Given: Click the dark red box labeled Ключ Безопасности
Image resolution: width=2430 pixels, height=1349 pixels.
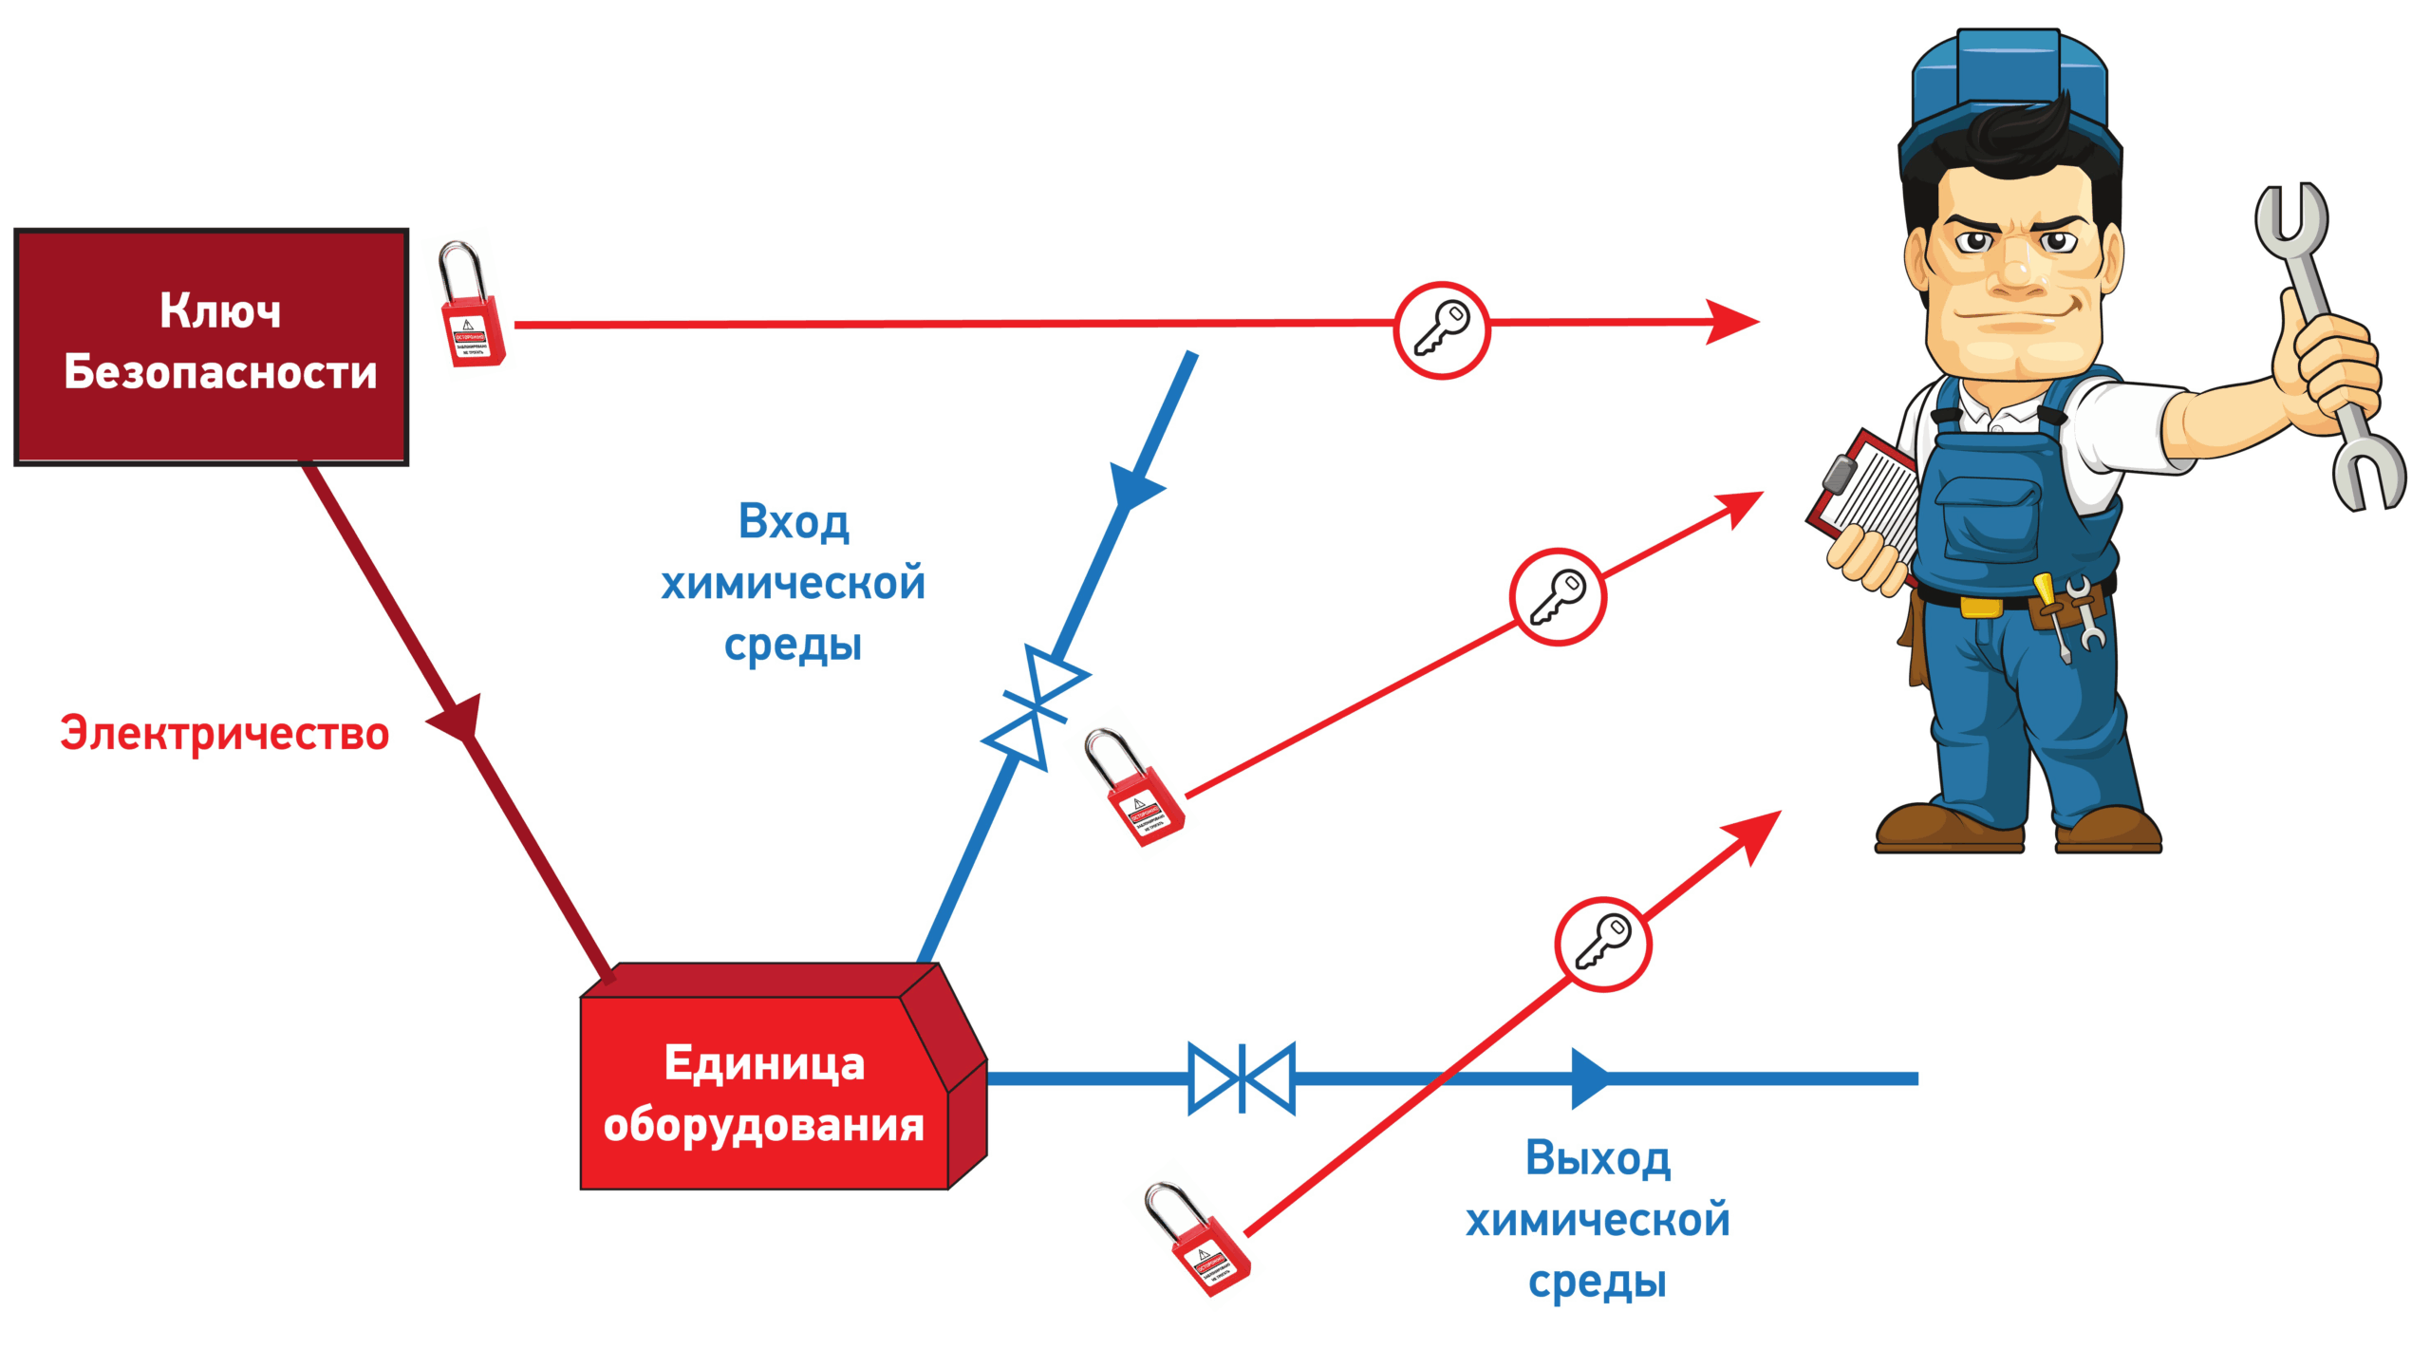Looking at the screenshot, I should click(x=211, y=346).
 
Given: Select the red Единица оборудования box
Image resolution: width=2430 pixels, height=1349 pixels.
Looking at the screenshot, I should click(x=764, y=1092).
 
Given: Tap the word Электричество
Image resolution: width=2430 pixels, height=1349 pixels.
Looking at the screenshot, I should click(x=225, y=734).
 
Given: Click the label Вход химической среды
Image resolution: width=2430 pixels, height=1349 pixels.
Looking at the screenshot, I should click(x=794, y=583).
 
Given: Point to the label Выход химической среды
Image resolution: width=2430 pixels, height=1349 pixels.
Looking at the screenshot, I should click(x=1598, y=1219).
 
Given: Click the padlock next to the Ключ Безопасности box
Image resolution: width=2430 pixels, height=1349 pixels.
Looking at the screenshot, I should click(x=472, y=306).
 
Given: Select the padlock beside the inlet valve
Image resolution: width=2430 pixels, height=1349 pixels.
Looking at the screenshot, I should click(x=1136, y=788).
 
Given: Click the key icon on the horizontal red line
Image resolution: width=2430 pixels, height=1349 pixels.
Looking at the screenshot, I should click(x=1441, y=329).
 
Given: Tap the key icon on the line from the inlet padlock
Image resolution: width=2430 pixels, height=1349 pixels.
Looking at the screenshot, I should click(x=1558, y=597).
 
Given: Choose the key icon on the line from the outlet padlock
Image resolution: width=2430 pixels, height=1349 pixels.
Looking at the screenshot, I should click(x=1603, y=944).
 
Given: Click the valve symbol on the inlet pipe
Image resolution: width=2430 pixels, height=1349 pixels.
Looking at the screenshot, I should click(x=1036, y=707).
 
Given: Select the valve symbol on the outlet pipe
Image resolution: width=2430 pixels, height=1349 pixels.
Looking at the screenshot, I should click(x=1242, y=1078).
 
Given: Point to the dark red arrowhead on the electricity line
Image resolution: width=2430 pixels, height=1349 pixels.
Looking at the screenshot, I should click(x=458, y=725).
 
